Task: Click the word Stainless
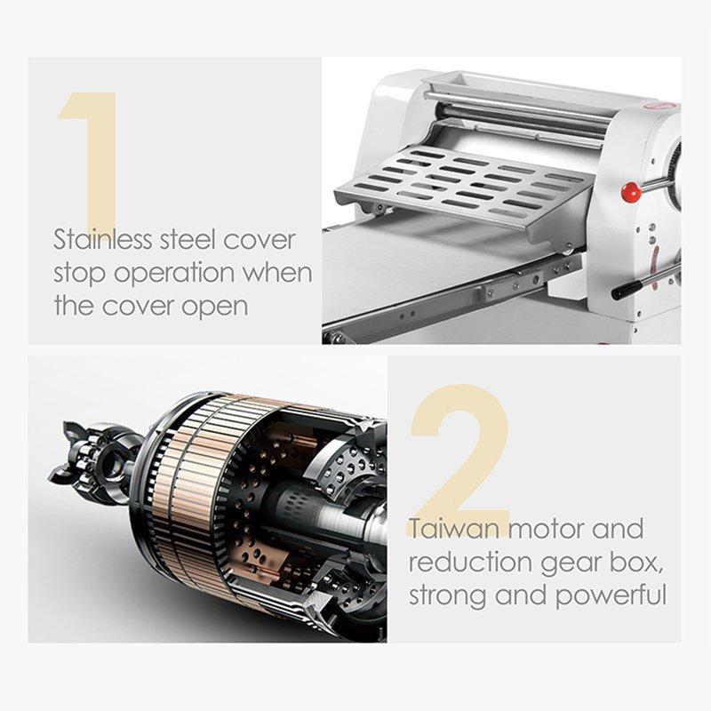pos(102,240)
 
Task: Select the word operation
pos(174,275)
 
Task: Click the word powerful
pos(611,595)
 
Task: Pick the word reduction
pos(470,563)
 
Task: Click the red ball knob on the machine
pos(631,192)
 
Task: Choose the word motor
pos(545,529)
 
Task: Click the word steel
pos(187,240)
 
